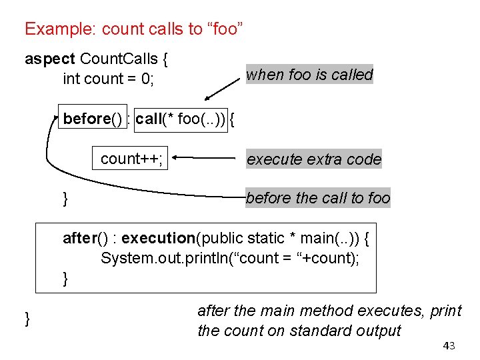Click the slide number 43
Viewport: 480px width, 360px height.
pos(449,345)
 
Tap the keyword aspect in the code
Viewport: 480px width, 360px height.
pos(50,59)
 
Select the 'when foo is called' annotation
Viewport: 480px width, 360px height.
pos(309,75)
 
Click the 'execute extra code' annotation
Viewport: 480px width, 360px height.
pos(314,159)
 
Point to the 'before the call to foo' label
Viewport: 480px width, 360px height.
pos(318,198)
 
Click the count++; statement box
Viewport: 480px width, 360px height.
pos(132,159)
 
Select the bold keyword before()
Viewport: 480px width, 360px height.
pos(93,119)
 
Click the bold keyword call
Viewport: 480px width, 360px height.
pos(149,119)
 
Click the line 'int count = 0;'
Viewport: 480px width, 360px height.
pos(108,79)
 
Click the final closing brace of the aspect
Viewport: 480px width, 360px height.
pos(27,319)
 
